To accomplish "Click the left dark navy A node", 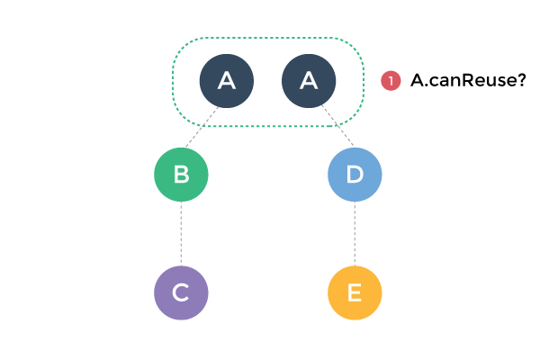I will (226, 81).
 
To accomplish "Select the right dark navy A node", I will (309, 81).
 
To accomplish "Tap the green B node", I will (181, 175).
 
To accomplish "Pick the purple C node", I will (181, 292).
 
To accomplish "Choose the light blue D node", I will (355, 175).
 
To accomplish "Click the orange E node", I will (355, 292).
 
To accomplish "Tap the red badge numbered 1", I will (391, 81).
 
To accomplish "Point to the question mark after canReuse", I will (520, 81).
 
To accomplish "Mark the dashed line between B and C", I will (181, 234).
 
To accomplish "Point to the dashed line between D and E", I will (355, 234).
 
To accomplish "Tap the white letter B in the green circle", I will (181, 175).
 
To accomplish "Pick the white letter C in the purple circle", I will (181, 292).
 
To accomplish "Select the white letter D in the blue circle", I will (355, 175).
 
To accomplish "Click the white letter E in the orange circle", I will (355, 292).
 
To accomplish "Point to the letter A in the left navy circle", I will (226, 81).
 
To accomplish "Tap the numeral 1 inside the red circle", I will (391, 81).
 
